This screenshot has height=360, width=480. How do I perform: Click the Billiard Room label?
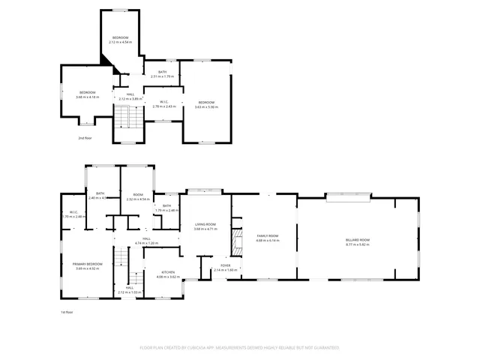(358, 239)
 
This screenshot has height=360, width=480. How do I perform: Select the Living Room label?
(205, 224)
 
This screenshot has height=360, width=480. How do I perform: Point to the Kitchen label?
(166, 272)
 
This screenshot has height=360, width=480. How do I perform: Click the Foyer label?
(225, 265)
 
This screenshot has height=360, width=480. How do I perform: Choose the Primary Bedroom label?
(87, 264)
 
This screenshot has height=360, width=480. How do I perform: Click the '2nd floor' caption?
(84, 138)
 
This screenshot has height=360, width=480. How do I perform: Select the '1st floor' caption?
(67, 312)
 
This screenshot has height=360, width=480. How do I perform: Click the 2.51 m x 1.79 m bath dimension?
(162, 76)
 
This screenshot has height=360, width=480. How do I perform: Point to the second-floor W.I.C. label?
(163, 102)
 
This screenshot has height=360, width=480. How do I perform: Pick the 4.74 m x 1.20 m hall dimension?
(147, 243)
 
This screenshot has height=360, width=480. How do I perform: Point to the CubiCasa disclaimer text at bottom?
(239, 348)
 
